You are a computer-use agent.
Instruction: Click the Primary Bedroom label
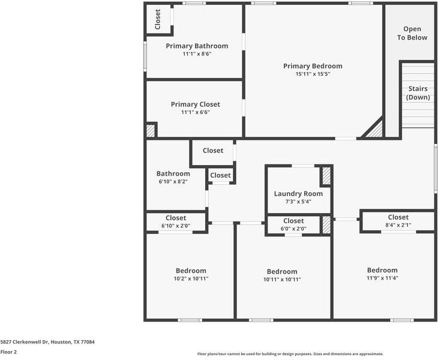[x=313, y=66]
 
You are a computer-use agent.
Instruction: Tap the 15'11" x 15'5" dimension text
[x=313, y=74]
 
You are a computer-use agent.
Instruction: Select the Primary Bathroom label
[x=197, y=46]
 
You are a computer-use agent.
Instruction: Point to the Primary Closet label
[x=195, y=104]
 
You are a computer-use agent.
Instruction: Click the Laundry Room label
[x=298, y=194]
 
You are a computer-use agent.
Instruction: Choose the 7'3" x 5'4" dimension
[x=298, y=202]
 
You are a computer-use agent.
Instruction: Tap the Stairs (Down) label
[x=418, y=93]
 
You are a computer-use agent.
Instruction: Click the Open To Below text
[x=412, y=33]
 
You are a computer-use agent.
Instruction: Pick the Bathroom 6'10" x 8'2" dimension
[x=173, y=181]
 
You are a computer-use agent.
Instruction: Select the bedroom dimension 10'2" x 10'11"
[x=191, y=279]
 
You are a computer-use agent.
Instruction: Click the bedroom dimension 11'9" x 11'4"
[x=382, y=278]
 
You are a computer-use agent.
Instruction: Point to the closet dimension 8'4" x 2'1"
[x=398, y=225]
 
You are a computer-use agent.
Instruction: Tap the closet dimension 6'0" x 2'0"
[x=293, y=229]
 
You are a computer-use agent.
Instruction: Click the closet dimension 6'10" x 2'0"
[x=176, y=226]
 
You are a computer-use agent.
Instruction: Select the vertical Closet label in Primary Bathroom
[x=158, y=19]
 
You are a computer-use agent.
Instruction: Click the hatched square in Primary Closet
[x=151, y=130]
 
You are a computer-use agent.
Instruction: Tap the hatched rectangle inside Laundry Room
[x=326, y=176]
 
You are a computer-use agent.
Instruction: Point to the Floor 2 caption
[x=8, y=352]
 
